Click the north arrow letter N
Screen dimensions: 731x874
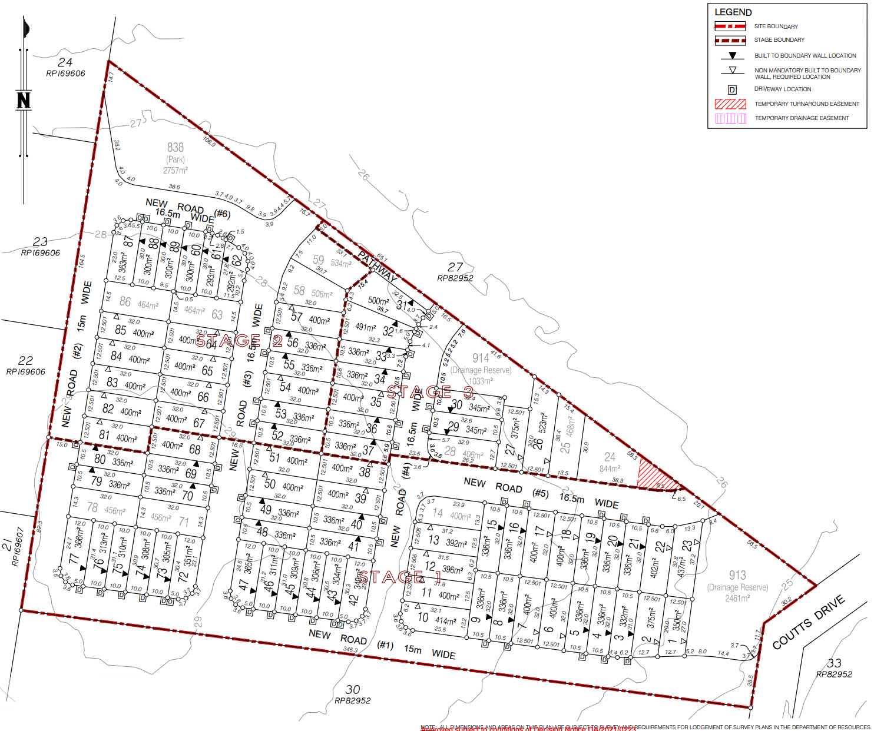[24, 100]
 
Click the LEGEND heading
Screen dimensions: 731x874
[733, 12]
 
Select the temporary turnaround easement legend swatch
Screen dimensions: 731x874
[730, 104]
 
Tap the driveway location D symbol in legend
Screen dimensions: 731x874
[732, 89]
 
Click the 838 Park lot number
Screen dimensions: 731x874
[175, 148]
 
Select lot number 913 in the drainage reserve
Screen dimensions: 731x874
[737, 575]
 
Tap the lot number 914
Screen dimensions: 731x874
[480, 358]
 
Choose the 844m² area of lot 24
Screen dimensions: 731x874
[610, 469]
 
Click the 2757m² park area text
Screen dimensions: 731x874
[175, 170]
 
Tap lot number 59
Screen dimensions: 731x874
[318, 260]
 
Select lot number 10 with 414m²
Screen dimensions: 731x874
[423, 617]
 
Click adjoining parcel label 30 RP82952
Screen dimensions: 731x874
[353, 694]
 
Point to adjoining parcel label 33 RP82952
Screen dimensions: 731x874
[834, 668]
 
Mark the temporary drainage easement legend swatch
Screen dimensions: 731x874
[730, 118]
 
